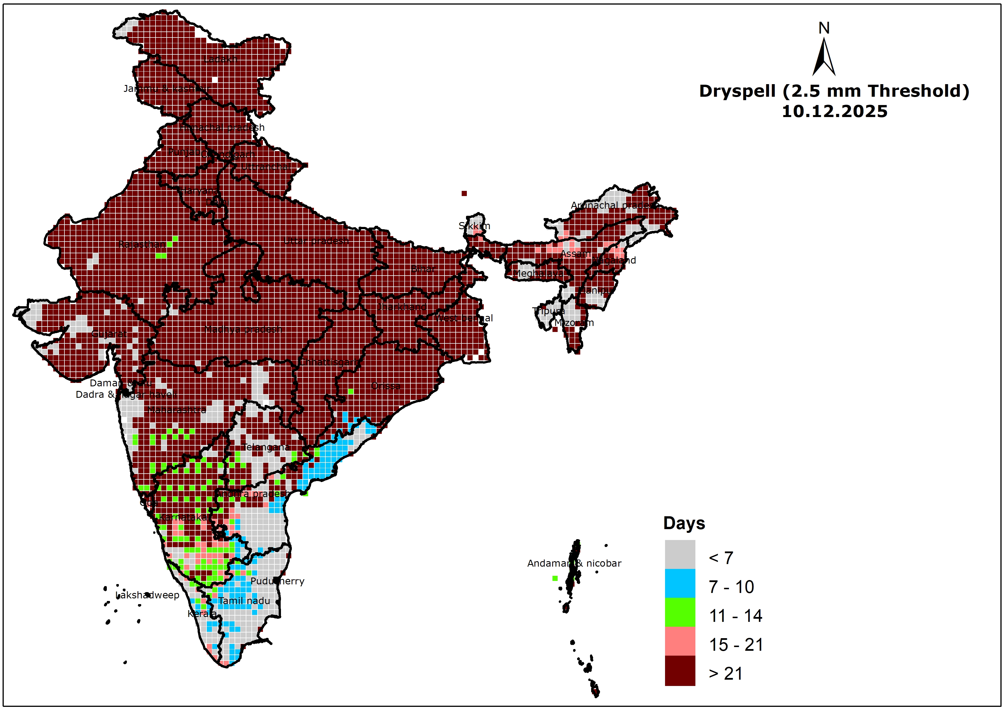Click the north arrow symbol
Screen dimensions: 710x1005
pyautogui.click(x=824, y=57)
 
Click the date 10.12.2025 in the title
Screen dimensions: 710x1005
pyautogui.click(x=834, y=112)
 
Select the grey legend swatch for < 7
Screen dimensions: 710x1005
pyautogui.click(x=680, y=554)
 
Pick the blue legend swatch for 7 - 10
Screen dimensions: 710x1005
pyautogui.click(x=680, y=583)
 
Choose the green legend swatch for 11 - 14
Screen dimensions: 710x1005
pyautogui.click(x=680, y=612)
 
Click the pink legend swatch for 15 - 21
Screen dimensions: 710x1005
pyautogui.click(x=680, y=641)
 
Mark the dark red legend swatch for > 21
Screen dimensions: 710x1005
pyautogui.click(x=680, y=670)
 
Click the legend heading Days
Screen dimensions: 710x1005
pyautogui.click(x=684, y=523)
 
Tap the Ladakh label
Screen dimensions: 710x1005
pyautogui.click(x=220, y=59)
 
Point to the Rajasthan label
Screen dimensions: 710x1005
pyautogui.click(x=142, y=244)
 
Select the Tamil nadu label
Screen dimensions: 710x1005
pyautogui.click(x=244, y=601)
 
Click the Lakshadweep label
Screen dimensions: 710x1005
pyautogui.click(x=147, y=595)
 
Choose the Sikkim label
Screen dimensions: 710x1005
pyautogui.click(x=475, y=226)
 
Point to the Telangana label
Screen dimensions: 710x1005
pyautogui.click(x=266, y=447)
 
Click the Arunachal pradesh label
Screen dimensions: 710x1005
pyautogui.click(x=615, y=205)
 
